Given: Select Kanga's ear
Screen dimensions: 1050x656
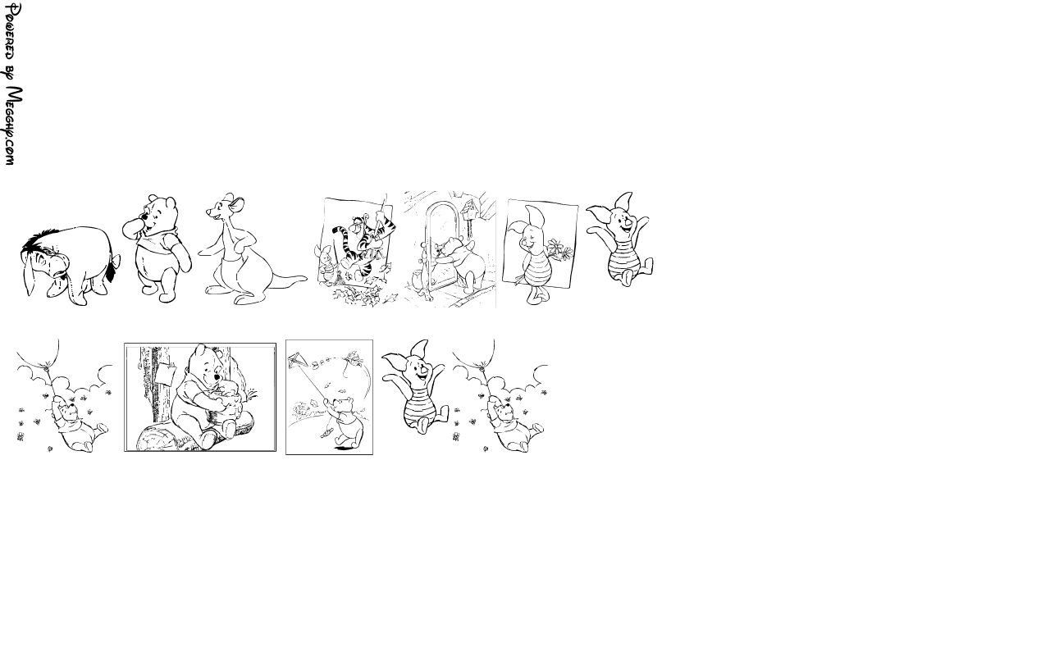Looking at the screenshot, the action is [x=238, y=203].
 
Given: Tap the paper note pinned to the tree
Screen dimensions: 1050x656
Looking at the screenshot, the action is [x=166, y=373].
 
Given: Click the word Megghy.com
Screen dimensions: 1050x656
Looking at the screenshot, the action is [x=12, y=125].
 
